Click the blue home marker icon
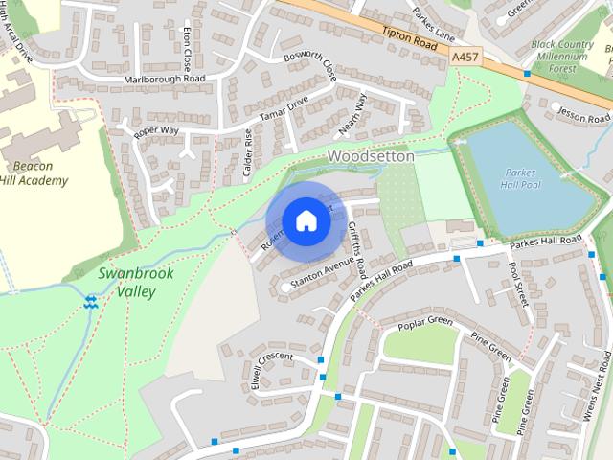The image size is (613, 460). [x=306, y=220]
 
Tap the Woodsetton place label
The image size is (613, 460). [x=371, y=156]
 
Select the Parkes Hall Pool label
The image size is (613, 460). [x=522, y=180]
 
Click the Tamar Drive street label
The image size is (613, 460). [x=285, y=107]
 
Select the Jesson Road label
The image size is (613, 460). [x=582, y=112]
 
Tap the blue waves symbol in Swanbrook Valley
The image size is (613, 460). [x=91, y=303]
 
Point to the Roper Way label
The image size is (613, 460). [x=156, y=127]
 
